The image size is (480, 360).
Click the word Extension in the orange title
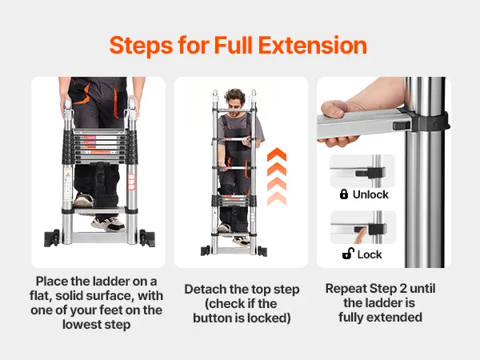click(313, 46)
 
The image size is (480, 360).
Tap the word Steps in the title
click(141, 46)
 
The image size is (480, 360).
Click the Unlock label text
click(370, 194)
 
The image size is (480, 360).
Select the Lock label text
click(370, 254)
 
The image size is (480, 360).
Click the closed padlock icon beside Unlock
click(344, 194)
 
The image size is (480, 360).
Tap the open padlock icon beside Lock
click(348, 254)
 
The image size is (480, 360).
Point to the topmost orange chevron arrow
click(277, 154)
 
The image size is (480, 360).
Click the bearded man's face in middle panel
click(234, 105)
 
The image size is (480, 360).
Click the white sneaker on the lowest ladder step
click(108, 224)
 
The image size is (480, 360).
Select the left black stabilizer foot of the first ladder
click(52, 238)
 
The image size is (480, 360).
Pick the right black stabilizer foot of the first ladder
click(147, 238)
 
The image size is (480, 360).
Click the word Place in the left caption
click(52, 281)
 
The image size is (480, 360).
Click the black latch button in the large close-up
click(402, 126)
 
